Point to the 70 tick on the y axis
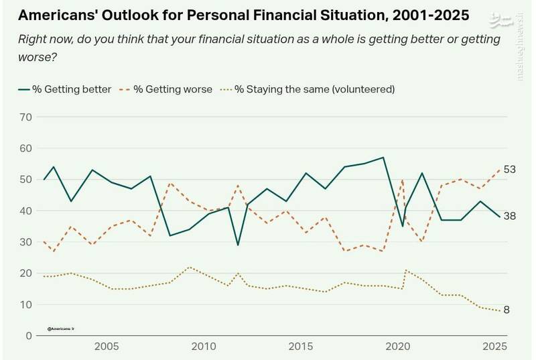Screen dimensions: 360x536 click(x=25, y=117)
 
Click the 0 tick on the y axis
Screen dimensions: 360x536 click(x=28, y=335)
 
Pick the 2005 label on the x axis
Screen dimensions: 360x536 click(x=107, y=348)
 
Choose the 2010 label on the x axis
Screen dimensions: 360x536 click(x=204, y=348)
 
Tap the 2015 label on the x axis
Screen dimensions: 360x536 click(x=301, y=348)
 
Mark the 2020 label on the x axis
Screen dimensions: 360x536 click(x=398, y=348)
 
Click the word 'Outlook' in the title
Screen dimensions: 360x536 click(x=126, y=14)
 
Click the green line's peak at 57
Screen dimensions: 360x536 click(x=383, y=158)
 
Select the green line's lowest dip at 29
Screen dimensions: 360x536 click(x=238, y=245)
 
